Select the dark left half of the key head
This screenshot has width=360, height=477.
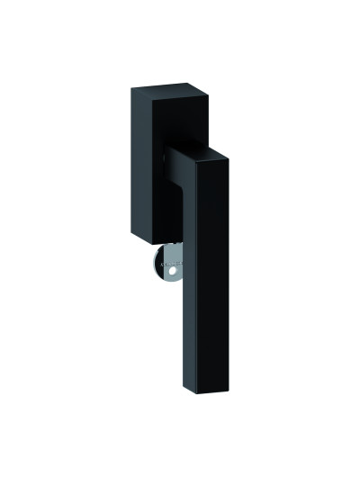[x=157, y=266]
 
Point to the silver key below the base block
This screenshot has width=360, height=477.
[x=167, y=266]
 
